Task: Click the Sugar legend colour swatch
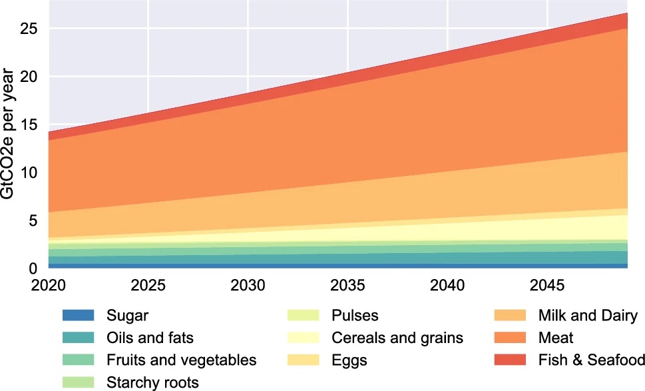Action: tap(78, 315)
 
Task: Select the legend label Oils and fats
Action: tap(150, 338)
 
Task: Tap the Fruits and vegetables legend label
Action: tap(181, 360)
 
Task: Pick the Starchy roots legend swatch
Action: tap(78, 382)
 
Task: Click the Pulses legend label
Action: tap(355, 315)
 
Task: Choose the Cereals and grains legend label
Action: tap(397, 338)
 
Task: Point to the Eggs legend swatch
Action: tap(304, 360)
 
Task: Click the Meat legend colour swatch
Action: tap(509, 338)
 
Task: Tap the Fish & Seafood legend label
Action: tap(591, 360)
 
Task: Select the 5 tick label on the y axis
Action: tap(33, 220)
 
